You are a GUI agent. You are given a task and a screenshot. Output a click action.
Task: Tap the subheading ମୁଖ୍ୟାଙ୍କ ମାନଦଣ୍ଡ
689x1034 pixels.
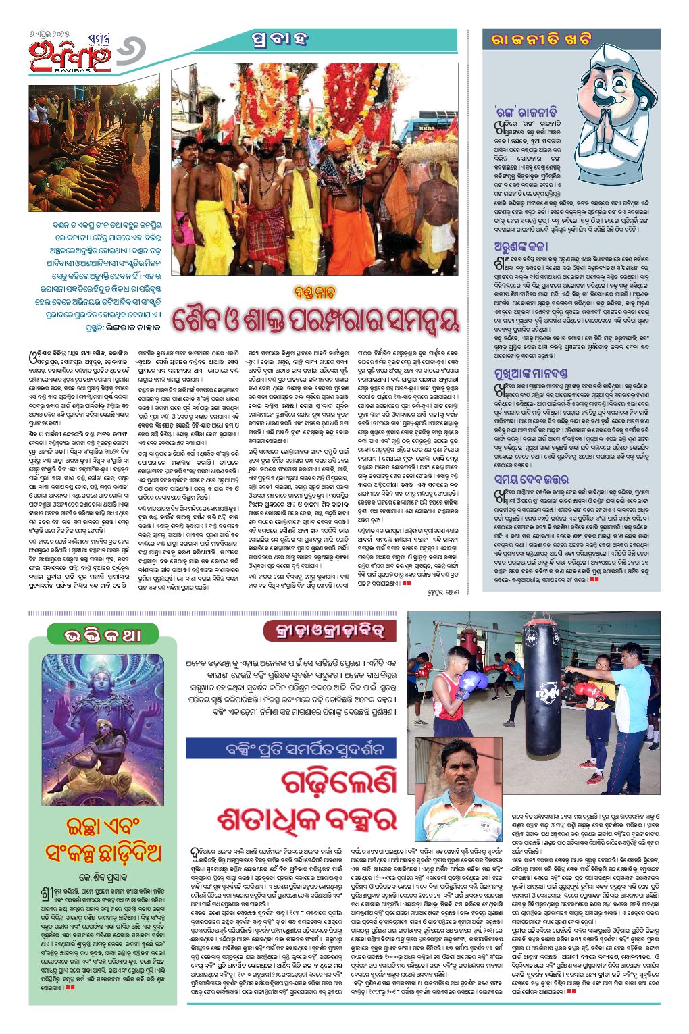[x=530, y=372]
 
